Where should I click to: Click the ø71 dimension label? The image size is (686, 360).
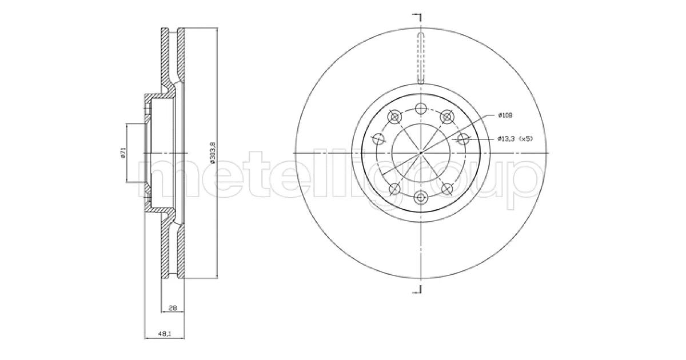123,153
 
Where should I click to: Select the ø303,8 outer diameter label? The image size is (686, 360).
213,152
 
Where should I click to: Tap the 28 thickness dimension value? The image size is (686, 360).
173,307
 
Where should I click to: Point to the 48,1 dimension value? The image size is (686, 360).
165,334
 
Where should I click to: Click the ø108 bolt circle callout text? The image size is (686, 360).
505,115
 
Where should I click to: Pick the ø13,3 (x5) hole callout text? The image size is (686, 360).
516,139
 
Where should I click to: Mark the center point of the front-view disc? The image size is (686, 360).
421,153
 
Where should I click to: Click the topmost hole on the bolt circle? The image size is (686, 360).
421,109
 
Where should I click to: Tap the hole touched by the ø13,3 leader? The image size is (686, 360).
464,139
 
